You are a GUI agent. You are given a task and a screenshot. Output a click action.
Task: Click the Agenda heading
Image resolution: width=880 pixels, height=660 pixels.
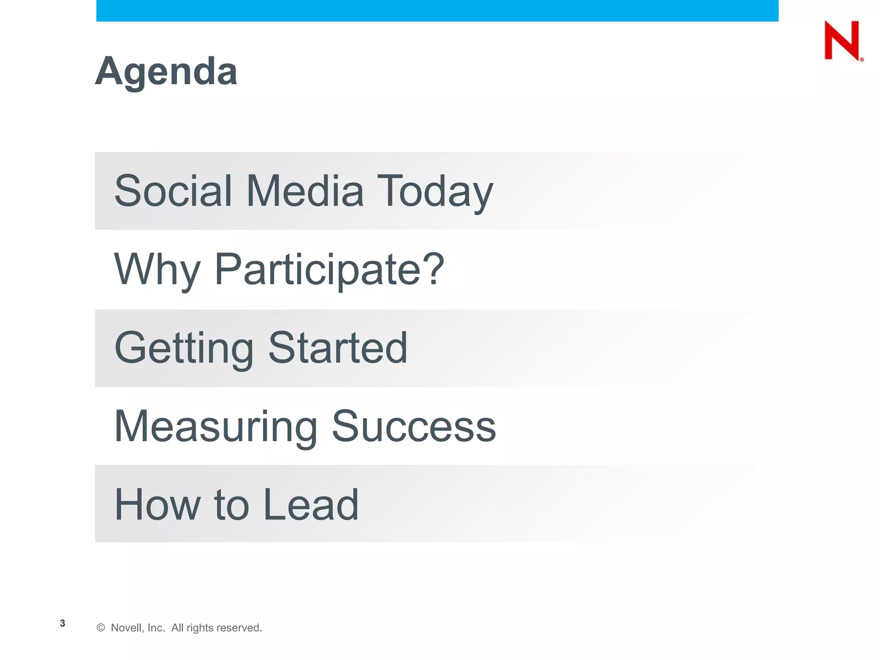pos(166,71)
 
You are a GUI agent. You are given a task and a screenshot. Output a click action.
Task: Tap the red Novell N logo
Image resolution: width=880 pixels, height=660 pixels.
pos(842,40)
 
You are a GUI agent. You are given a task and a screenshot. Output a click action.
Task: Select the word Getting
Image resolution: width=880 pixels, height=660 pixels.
pos(184,348)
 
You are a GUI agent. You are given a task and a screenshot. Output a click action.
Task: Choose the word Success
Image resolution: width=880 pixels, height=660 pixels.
pos(414,426)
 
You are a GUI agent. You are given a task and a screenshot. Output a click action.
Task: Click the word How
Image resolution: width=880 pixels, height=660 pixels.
pos(157,504)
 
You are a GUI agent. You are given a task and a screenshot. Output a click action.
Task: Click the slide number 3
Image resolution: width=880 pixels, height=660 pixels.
pos(63,623)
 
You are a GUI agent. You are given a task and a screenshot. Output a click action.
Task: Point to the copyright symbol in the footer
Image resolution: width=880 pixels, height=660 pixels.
pos(101,628)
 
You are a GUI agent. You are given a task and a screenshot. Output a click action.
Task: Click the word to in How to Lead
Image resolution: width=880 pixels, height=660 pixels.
pos(232,505)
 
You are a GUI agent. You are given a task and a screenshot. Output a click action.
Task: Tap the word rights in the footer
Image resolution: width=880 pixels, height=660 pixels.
pos(200,628)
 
